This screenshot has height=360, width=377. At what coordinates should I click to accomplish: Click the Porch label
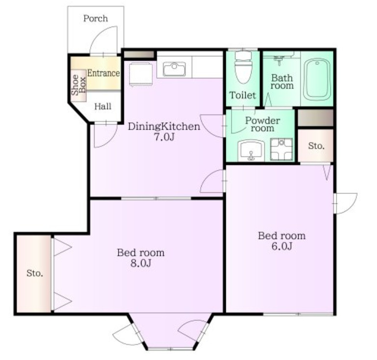[x=95, y=19]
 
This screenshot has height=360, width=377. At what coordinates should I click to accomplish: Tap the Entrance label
[x=103, y=73]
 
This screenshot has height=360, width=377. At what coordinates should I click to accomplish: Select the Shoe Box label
[x=79, y=84]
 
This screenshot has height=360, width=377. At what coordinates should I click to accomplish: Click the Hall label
[x=103, y=106]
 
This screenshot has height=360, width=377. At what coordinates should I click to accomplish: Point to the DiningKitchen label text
[x=164, y=127]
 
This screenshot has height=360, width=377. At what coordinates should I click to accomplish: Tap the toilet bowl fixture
[x=243, y=68]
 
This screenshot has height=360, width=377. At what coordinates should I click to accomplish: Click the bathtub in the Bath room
[x=317, y=80]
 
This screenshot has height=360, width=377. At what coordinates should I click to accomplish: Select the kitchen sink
[x=174, y=69]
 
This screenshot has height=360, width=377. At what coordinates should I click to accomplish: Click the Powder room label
[x=262, y=124]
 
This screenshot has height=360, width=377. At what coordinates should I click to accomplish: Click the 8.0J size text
[x=140, y=264]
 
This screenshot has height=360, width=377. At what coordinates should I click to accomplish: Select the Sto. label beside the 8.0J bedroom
[x=34, y=273]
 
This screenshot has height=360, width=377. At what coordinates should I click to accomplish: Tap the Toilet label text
[x=243, y=95]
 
